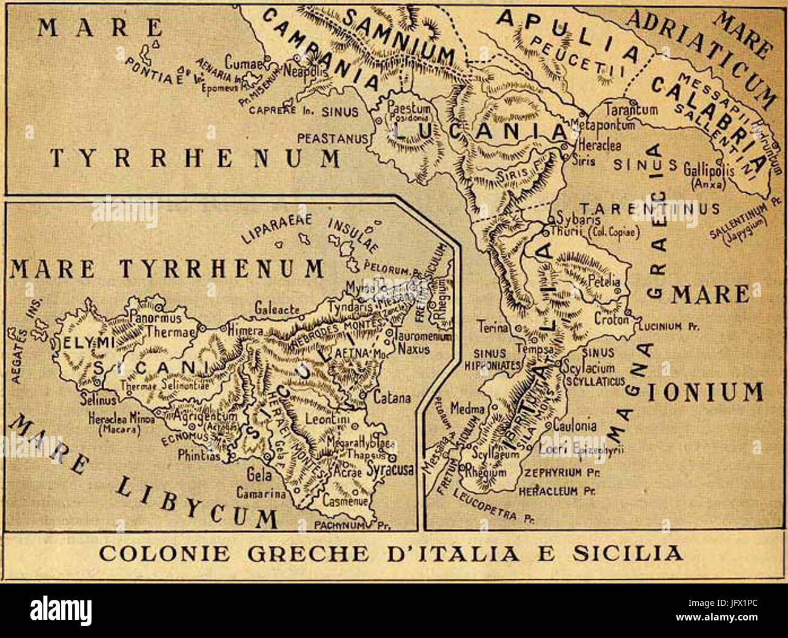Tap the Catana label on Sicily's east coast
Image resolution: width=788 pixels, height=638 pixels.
(392, 398)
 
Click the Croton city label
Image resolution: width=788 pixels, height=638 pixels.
(612, 319)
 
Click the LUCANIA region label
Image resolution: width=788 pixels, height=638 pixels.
(479, 131)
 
